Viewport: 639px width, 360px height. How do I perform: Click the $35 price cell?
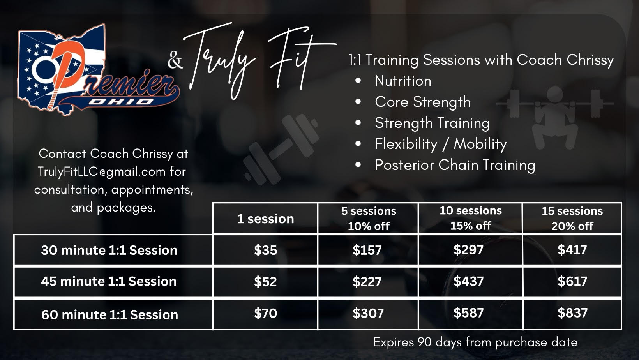click(266, 250)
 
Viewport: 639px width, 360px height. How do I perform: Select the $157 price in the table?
click(367, 250)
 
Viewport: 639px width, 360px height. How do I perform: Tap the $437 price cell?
click(468, 281)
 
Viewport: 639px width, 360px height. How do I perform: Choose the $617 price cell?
click(572, 281)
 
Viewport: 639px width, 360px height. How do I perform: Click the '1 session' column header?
click(266, 219)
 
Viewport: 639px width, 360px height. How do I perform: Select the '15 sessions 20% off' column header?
click(572, 219)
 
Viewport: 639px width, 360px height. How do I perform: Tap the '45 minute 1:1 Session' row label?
click(109, 281)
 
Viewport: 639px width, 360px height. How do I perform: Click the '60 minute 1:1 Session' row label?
click(109, 315)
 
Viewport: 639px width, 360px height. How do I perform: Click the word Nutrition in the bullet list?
click(403, 81)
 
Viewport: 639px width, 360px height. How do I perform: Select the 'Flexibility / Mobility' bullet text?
click(441, 144)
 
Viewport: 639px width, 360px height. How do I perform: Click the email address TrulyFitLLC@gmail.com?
click(101, 172)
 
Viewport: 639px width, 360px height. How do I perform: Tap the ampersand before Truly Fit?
click(175, 60)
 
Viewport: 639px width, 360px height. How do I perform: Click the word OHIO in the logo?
click(121, 102)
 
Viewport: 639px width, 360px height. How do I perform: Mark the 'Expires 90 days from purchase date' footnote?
click(475, 342)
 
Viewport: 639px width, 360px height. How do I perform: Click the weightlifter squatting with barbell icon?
click(555, 117)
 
